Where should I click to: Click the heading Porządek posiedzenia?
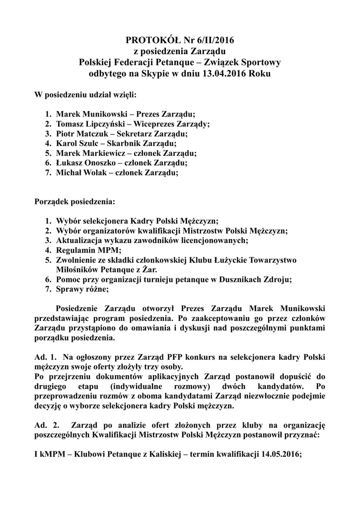click(x=74, y=202)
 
